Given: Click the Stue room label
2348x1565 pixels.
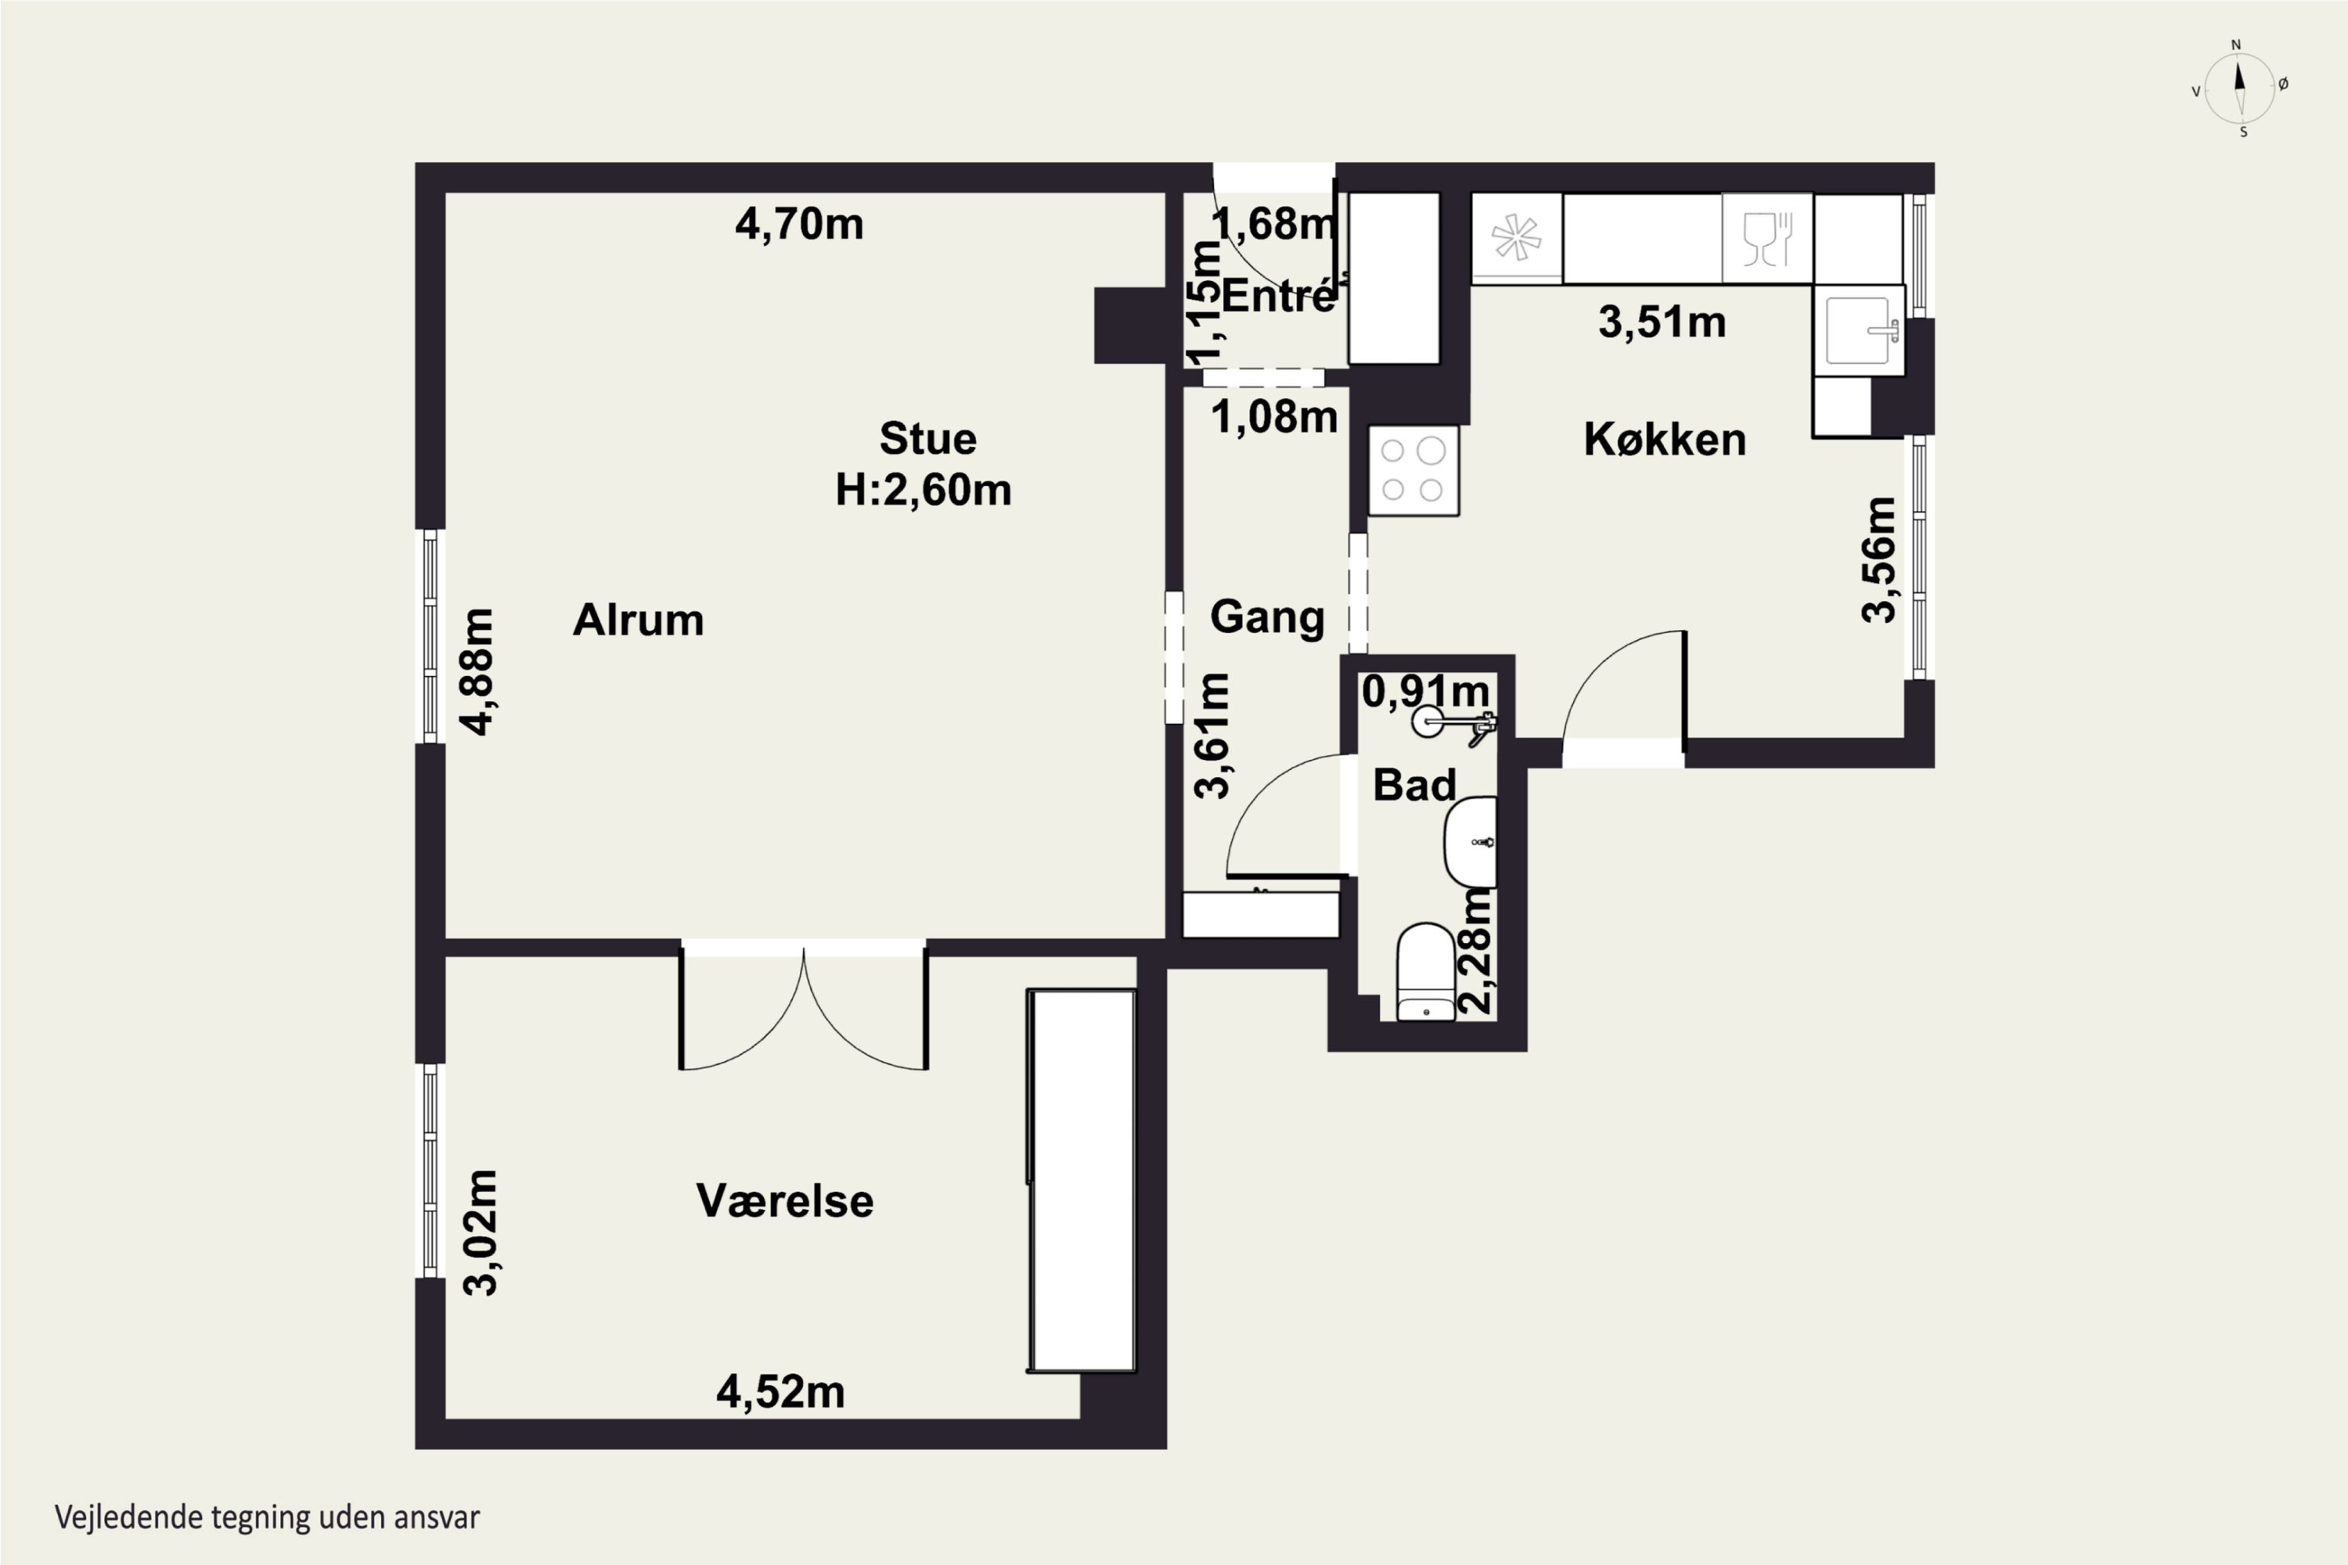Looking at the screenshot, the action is (x=927, y=438).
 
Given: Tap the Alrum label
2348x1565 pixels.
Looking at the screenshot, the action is (x=638, y=620).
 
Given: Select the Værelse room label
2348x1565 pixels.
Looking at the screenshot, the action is (x=785, y=1200).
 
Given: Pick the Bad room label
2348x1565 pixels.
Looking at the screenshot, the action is (x=1414, y=785).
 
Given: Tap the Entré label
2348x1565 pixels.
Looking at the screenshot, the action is (x=1278, y=296).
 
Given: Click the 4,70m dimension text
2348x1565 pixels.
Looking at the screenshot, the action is (x=798, y=224).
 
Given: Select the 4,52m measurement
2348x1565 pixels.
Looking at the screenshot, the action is (x=780, y=1392).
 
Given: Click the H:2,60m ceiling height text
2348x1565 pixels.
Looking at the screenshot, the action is (x=924, y=489).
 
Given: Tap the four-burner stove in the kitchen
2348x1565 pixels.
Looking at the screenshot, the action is (x=1413, y=470).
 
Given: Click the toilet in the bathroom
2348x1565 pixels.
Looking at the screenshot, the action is (x=1425, y=971).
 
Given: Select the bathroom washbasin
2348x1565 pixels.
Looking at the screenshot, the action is (x=1471, y=841).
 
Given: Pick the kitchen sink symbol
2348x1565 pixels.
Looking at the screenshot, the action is (x=1860, y=329).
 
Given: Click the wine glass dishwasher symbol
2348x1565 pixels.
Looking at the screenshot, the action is (x=1767, y=239).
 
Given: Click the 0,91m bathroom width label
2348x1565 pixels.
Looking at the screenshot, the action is (x=1425, y=691).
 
